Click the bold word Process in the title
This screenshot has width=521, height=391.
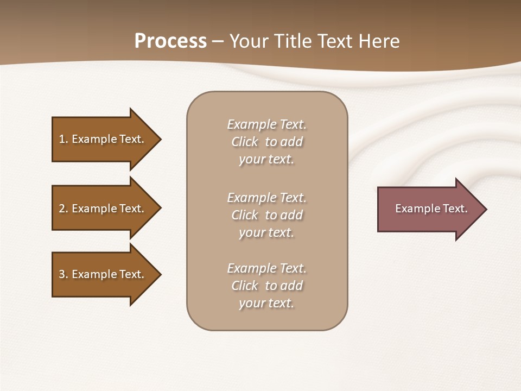click(x=170, y=41)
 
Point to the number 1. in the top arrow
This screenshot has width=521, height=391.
click(x=63, y=139)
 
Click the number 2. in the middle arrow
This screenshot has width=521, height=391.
click(x=63, y=209)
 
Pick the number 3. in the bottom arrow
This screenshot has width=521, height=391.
click(x=63, y=274)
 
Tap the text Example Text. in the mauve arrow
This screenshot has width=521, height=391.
click(x=431, y=209)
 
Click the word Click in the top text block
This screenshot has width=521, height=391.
click(x=245, y=142)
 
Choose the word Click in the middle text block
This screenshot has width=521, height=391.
click(x=245, y=216)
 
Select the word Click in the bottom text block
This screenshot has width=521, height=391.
click(x=245, y=286)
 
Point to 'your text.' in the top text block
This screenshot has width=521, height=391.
click(x=266, y=160)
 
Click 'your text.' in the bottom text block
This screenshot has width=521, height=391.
click(x=266, y=304)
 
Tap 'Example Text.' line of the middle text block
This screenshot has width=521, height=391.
click(x=266, y=198)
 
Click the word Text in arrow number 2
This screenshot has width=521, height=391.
click(x=132, y=209)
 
